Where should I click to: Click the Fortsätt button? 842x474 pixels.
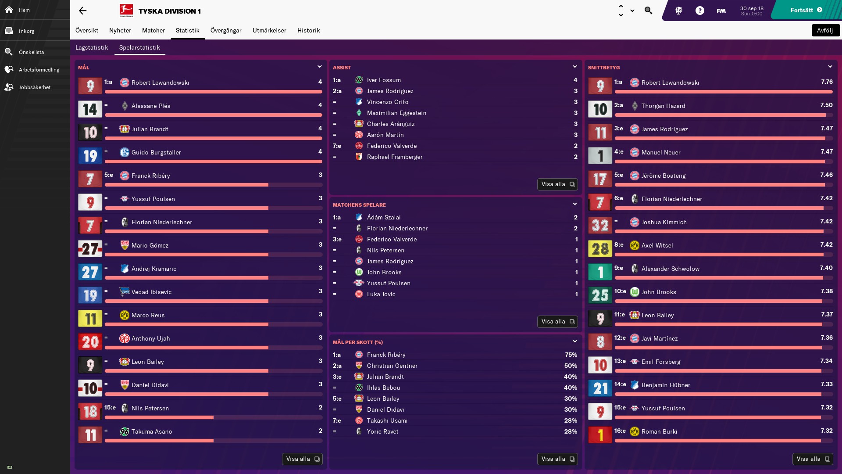[806, 10]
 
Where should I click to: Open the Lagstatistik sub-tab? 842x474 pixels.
[92, 47]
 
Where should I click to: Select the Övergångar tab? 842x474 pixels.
[226, 30]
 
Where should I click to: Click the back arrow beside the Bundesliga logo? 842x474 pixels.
[82, 11]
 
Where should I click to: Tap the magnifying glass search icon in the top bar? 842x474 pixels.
[648, 11]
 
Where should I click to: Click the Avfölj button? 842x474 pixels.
[825, 30]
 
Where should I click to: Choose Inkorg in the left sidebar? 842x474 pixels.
[26, 31]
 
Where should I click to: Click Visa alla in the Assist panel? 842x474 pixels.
[557, 184]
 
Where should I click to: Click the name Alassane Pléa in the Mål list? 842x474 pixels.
[151, 106]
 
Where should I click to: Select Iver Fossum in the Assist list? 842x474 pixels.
[384, 80]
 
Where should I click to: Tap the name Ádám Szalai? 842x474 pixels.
[384, 217]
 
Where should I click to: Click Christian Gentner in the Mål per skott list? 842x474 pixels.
[392, 366]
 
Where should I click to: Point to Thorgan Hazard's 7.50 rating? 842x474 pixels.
[826, 105]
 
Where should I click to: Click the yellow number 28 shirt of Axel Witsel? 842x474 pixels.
[600, 249]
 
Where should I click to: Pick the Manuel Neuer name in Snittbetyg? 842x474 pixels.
[661, 152]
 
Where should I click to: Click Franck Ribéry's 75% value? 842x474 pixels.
[571, 355]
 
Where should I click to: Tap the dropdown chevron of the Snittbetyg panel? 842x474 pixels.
[830, 67]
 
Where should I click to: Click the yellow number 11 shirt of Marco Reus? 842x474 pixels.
[90, 319]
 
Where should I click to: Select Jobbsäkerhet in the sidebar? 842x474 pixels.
[34, 87]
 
